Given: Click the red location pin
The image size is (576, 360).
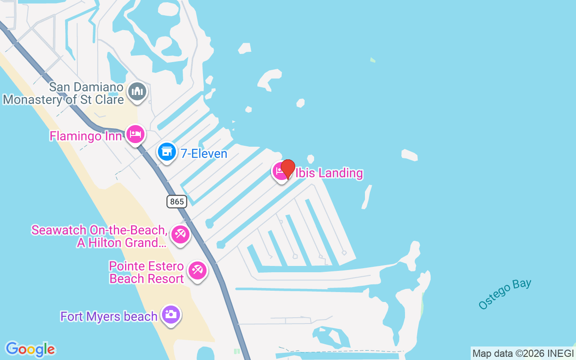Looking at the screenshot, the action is [x=288, y=169].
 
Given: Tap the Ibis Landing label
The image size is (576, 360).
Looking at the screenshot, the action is [x=329, y=173].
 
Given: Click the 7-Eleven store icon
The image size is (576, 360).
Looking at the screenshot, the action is [x=167, y=152].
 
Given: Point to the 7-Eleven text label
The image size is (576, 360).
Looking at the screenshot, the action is [x=204, y=153].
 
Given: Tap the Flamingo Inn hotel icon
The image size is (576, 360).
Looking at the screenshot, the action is [x=135, y=134].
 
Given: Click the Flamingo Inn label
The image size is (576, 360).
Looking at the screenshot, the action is [x=85, y=136].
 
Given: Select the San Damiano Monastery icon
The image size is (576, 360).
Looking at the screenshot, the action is [x=137, y=92].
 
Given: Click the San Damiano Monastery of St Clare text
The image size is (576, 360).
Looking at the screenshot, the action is [x=63, y=93].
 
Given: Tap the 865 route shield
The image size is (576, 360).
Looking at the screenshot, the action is [x=177, y=201].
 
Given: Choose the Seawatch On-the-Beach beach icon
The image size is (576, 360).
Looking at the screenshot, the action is [x=180, y=234].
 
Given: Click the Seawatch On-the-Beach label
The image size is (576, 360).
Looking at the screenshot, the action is [x=99, y=237].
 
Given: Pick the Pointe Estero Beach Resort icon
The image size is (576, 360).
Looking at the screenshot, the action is [x=197, y=270].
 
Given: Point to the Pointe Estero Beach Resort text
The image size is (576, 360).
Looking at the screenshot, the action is [x=147, y=272].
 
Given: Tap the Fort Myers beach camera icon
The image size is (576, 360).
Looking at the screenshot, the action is [x=171, y=315].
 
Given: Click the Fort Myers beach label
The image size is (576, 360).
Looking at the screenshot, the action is [x=109, y=316].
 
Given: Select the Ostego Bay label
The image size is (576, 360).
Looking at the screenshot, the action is [x=504, y=294].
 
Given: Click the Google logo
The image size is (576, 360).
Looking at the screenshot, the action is [x=30, y=349].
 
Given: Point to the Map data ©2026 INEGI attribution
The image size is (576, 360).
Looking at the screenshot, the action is [x=523, y=354].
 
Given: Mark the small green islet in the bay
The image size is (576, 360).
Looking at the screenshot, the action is [x=373, y=60].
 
